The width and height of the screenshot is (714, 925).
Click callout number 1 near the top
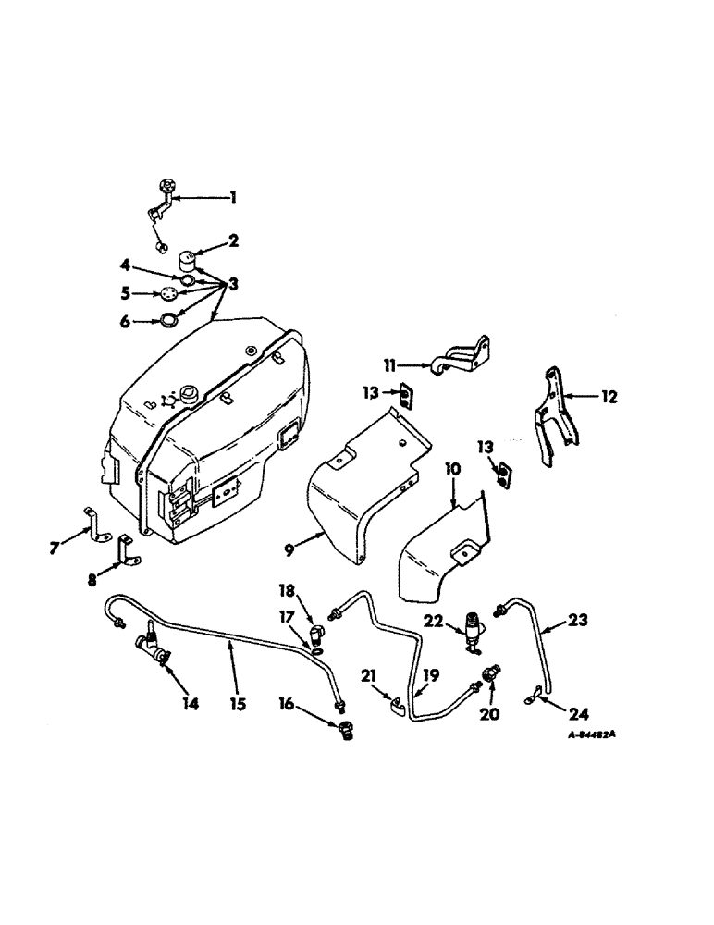[233, 197]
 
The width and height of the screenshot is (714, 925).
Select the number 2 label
[233, 241]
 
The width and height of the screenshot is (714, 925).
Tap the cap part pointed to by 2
[191, 256]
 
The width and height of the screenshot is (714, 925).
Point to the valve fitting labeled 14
[154, 648]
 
